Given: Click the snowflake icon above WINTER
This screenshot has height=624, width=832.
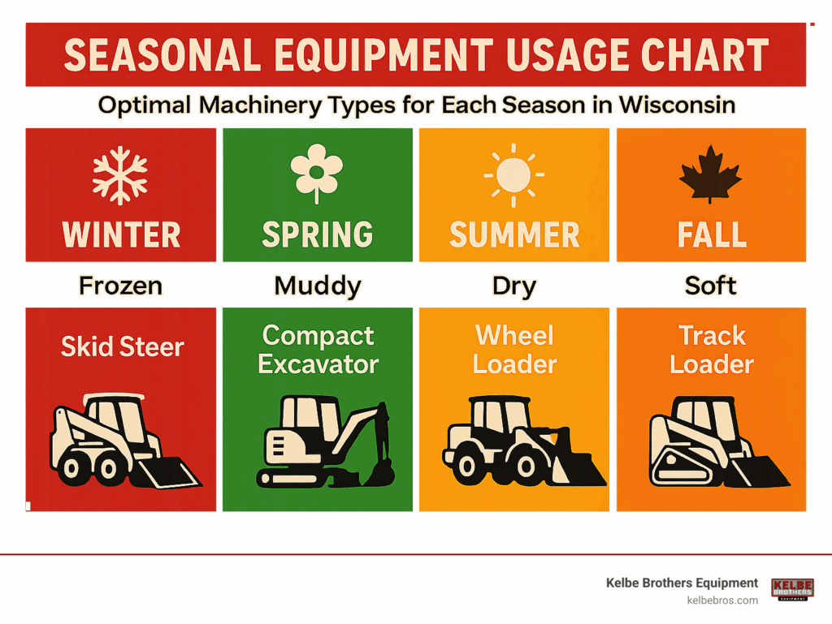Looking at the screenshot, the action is [120, 175].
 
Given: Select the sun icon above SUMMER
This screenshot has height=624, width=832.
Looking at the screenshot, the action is [513, 174].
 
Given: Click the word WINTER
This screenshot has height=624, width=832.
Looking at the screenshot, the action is [122, 235].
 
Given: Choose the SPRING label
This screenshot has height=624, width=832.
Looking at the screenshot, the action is [318, 235].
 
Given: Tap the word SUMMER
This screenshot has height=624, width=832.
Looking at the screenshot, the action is [514, 235].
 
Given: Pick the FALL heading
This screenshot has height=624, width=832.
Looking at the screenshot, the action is [712, 235].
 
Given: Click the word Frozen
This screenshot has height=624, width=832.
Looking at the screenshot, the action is [120, 286].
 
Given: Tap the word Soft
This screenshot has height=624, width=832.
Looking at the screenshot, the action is [710, 286].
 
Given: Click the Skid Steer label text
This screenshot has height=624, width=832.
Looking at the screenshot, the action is [122, 347].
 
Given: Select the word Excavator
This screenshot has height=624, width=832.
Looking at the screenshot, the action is [318, 364].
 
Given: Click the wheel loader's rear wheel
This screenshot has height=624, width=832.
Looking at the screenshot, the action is [466, 466].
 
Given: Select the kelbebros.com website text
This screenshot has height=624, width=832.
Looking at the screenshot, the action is [722, 600].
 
